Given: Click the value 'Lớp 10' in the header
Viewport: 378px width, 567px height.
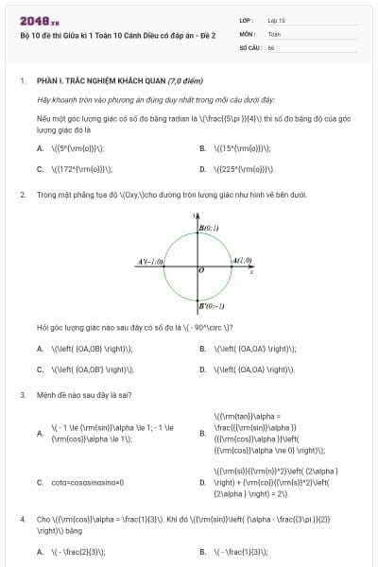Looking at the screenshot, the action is click(276, 19).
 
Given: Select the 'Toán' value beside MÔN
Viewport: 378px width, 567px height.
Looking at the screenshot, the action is click(274, 32).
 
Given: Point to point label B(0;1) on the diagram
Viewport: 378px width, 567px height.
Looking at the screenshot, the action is click(208, 229).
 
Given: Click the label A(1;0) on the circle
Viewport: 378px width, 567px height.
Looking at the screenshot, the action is click(242, 260).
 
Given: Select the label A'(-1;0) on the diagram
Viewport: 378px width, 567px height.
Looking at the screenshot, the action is click(151, 261).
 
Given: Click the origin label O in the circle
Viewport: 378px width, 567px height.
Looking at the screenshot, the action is click(201, 271).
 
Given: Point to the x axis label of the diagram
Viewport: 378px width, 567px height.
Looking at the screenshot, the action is click(250, 272).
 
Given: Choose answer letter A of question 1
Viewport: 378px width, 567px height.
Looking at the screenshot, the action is click(40, 148).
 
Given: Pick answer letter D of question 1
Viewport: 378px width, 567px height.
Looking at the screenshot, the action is click(202, 169).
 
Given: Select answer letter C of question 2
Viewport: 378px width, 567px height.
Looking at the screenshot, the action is click(40, 369).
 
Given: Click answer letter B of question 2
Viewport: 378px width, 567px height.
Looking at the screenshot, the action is click(202, 349).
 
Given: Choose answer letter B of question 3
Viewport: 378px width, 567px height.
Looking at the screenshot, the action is click(202, 434).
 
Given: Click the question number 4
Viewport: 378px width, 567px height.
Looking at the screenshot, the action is click(22, 520).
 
